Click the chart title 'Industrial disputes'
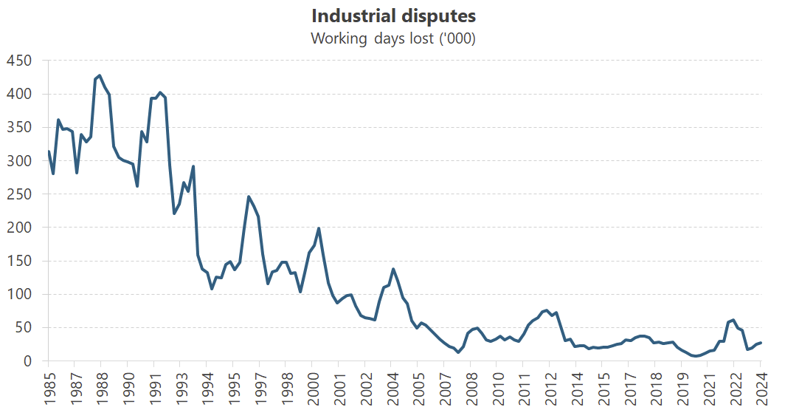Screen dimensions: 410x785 (392, 16)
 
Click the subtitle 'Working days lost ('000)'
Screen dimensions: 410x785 (392, 38)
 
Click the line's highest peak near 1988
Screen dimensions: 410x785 (100, 75)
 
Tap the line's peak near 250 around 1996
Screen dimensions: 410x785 (249, 197)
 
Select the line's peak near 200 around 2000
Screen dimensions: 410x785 (318, 228)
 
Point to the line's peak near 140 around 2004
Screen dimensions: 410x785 (393, 269)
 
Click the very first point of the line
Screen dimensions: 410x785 (49, 151)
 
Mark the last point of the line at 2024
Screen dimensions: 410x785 (760, 343)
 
